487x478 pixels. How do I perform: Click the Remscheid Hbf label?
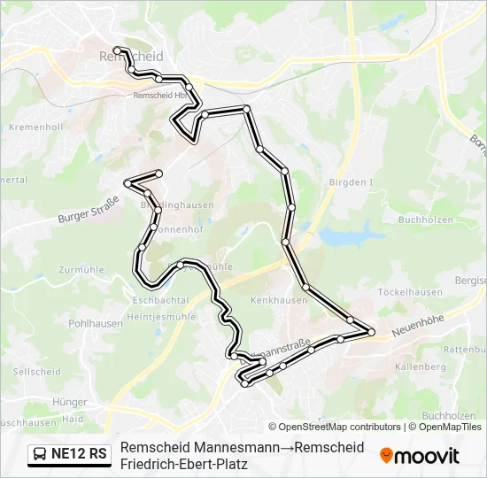pyautogui.click(x=159, y=96)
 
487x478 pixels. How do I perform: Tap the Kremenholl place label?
pyautogui.click(x=35, y=127)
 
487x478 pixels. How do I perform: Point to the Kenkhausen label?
pyautogui.click(x=279, y=300)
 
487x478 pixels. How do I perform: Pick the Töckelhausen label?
pyautogui.click(x=409, y=292)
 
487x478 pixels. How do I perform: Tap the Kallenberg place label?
pyautogui.click(x=421, y=366)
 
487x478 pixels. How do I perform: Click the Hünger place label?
pyautogui.click(x=71, y=401)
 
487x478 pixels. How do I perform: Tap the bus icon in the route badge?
pyautogui.click(x=41, y=454)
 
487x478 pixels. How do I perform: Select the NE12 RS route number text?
pyautogui.click(x=79, y=454)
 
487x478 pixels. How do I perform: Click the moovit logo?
pyautogui.click(x=420, y=456)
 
